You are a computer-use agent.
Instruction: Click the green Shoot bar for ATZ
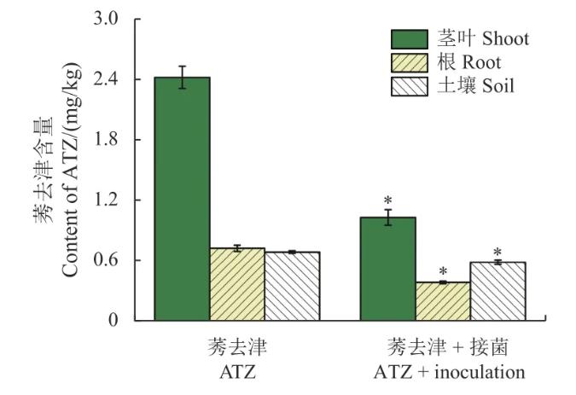(x=182, y=199)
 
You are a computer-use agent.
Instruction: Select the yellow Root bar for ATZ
(x=237, y=284)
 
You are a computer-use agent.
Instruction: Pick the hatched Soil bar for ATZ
(x=292, y=286)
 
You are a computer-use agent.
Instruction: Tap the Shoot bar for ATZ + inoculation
(x=387, y=269)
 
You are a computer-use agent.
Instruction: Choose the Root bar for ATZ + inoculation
(x=443, y=301)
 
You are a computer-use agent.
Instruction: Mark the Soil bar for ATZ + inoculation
(x=497, y=291)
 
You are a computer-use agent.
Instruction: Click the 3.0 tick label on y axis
(x=108, y=19)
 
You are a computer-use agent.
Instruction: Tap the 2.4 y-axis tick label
(x=108, y=79)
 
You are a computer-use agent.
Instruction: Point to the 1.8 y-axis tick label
(x=108, y=140)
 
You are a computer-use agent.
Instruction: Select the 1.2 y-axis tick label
(x=108, y=200)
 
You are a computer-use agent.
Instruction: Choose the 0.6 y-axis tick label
(x=108, y=260)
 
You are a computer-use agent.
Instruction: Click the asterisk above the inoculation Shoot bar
(x=387, y=200)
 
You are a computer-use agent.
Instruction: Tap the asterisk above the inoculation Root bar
(x=443, y=271)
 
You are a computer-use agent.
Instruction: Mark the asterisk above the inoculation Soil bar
(x=497, y=253)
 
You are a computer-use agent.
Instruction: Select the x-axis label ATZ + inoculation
(x=449, y=373)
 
